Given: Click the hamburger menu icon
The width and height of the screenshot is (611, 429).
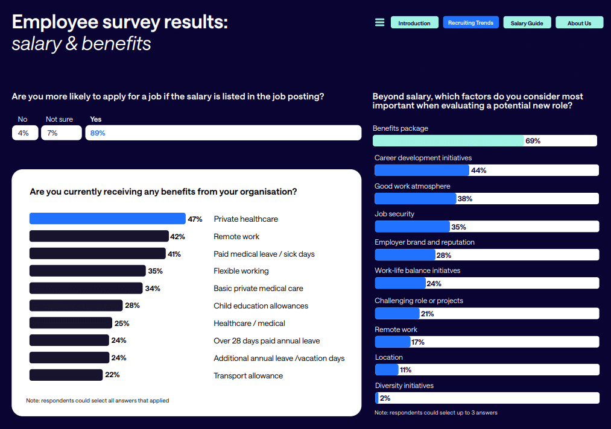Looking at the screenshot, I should pyautogui.click(x=379, y=23).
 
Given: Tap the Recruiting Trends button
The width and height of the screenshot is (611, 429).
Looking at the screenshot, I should pyautogui.click(x=470, y=23).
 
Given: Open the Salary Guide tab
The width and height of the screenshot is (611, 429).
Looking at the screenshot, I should pyautogui.click(x=527, y=23).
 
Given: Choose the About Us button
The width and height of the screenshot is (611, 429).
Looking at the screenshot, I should pyautogui.click(x=579, y=23).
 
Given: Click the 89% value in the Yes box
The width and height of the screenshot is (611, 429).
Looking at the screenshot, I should pyautogui.click(x=98, y=133).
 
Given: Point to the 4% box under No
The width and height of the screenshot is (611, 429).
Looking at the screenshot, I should pyautogui.click(x=24, y=133).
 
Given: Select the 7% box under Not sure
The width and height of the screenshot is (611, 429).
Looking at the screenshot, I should pyautogui.click(x=60, y=133).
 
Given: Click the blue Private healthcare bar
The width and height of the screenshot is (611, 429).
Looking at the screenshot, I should pyautogui.click(x=107, y=219).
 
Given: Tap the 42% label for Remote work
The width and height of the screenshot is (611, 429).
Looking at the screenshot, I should pyautogui.click(x=177, y=236).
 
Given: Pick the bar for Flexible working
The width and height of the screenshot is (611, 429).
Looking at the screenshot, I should pyautogui.click(x=87, y=271).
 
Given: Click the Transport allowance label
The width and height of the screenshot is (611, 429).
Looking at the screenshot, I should pyautogui.click(x=248, y=375).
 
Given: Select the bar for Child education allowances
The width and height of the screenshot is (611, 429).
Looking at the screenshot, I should pyautogui.click(x=76, y=305).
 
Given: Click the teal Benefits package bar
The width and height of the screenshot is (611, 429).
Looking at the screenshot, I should pyautogui.click(x=448, y=140).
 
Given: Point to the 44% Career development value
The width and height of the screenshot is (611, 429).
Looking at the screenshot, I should pyautogui.click(x=478, y=171).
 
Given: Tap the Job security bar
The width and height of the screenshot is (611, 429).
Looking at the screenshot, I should pyautogui.click(x=413, y=227).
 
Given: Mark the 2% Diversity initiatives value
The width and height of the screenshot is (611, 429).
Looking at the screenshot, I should pyautogui.click(x=385, y=398).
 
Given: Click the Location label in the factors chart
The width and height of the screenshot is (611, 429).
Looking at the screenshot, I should pyautogui.click(x=388, y=357).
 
